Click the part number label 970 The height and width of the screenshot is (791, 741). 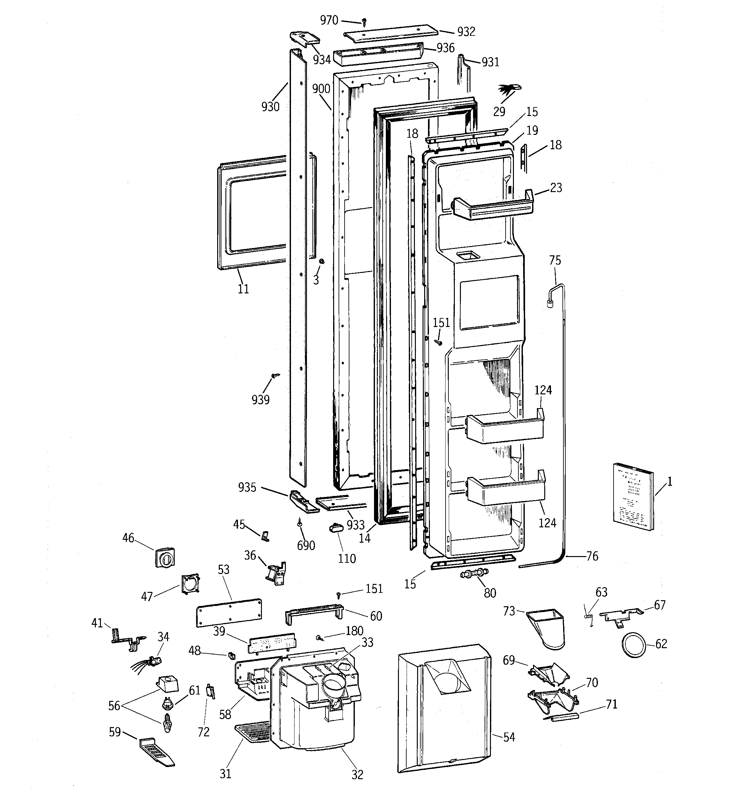point(329,20)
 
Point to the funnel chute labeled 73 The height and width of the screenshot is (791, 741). point(547,629)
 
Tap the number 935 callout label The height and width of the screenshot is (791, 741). point(247,487)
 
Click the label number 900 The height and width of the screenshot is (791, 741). point(321,89)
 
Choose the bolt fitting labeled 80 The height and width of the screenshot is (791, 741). point(474,574)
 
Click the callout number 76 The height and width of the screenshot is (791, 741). point(592,556)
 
